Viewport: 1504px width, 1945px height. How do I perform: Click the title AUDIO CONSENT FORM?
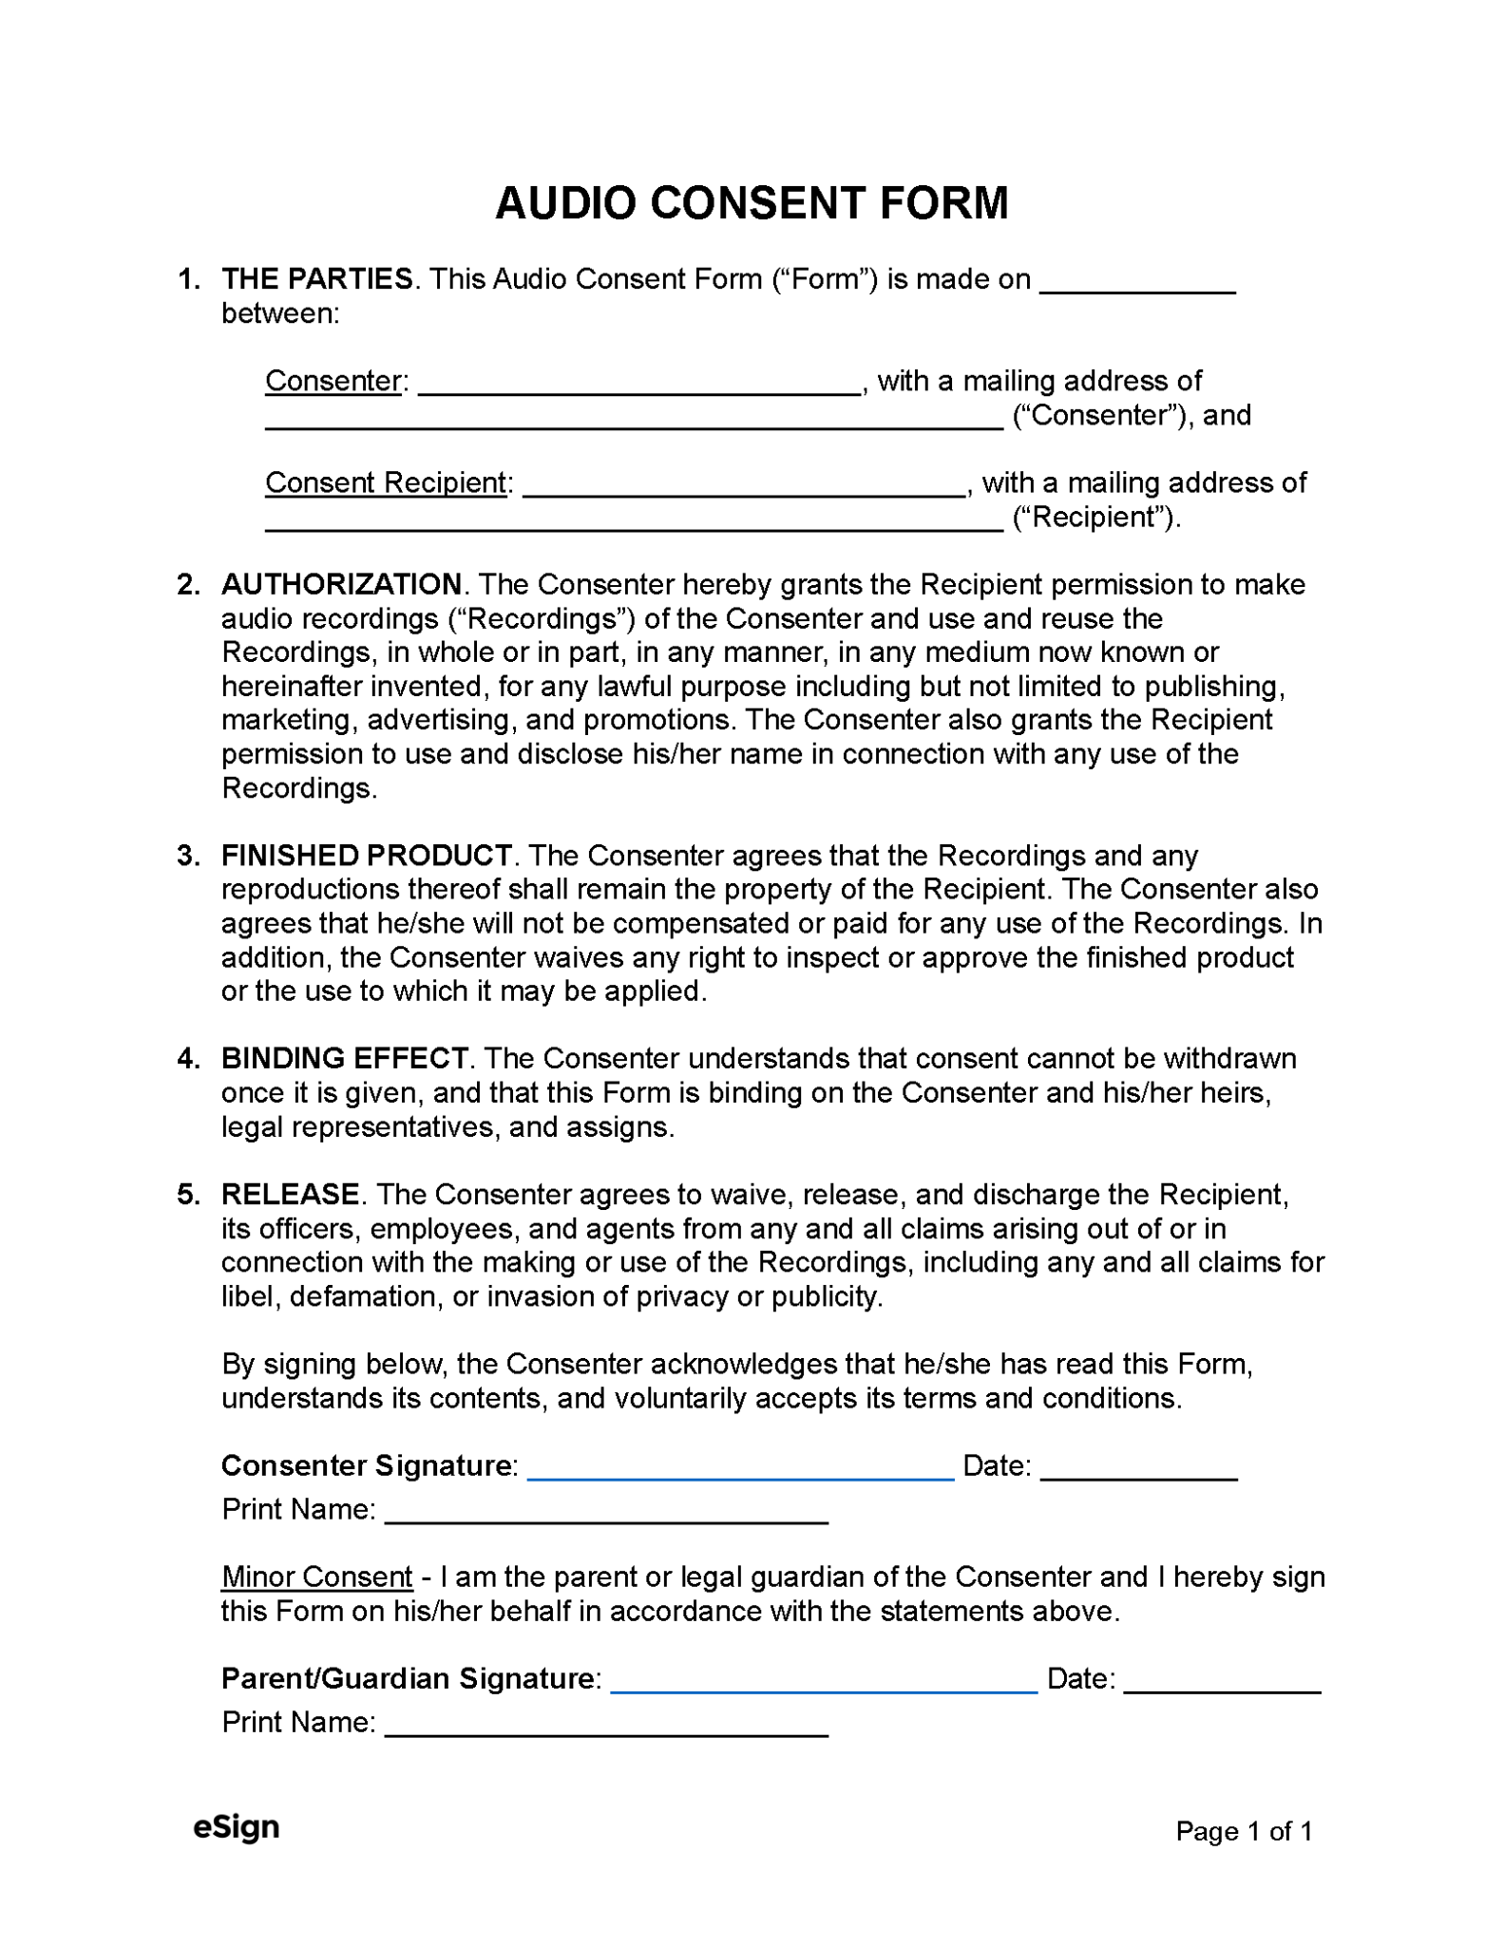[751, 203]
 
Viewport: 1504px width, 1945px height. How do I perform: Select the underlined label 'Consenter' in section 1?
[333, 381]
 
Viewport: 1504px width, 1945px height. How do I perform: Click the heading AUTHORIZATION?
[341, 584]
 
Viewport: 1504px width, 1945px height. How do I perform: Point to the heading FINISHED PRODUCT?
[367, 856]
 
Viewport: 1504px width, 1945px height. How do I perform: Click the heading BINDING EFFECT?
[344, 1058]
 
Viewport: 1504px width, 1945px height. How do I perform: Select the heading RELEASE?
[290, 1194]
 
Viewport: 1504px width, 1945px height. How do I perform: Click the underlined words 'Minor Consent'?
[316, 1577]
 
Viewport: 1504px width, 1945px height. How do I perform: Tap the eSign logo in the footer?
[236, 1827]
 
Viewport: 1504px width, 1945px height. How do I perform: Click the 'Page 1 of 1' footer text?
[1243, 1831]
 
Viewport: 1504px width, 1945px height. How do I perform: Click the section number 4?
[187, 1058]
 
